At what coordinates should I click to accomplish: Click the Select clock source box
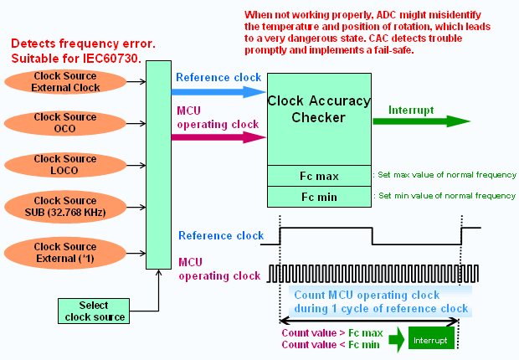(93, 311)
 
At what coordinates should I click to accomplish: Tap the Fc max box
(318, 176)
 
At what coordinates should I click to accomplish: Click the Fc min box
(318, 196)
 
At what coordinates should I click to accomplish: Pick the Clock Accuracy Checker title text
(318, 110)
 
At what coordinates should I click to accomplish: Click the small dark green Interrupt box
(430, 339)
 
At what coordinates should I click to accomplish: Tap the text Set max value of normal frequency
(447, 175)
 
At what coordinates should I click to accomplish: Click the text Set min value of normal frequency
(446, 195)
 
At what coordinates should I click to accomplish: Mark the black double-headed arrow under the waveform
(369, 320)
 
